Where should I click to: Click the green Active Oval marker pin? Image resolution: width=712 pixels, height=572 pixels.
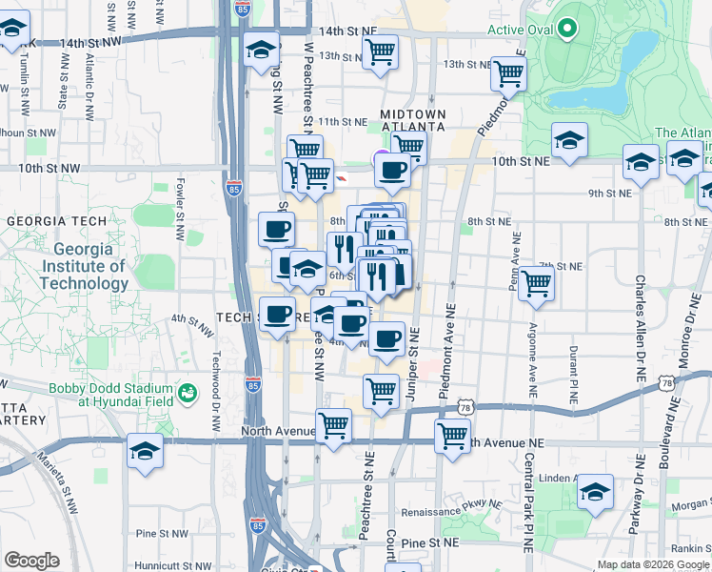tap(567, 29)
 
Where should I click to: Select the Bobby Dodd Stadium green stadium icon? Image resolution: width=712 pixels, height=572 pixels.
tap(188, 392)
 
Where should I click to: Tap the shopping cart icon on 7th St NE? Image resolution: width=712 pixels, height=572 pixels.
tap(537, 282)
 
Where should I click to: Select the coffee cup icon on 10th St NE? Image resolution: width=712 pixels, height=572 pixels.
tap(392, 172)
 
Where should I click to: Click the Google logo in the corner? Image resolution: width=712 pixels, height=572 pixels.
tap(31, 561)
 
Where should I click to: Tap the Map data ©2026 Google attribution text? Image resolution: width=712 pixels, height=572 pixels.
tap(654, 564)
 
